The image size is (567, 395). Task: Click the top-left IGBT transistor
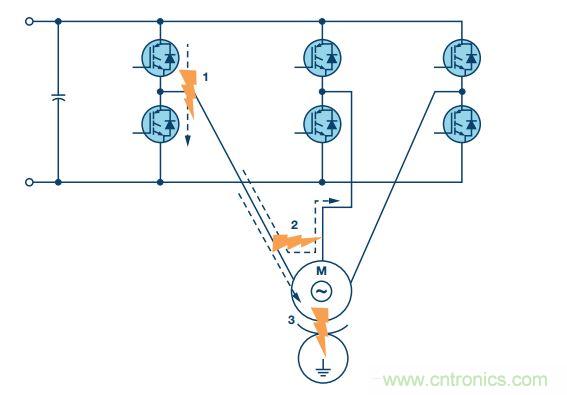[x=160, y=58]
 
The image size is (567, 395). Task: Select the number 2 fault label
[x=293, y=222]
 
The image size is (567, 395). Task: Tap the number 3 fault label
[x=291, y=321]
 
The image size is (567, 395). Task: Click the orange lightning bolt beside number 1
[x=189, y=90]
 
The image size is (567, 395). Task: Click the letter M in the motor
[x=322, y=271]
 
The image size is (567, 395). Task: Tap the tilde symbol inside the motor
[x=322, y=291]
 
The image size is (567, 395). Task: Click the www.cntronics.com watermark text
[x=466, y=379]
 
